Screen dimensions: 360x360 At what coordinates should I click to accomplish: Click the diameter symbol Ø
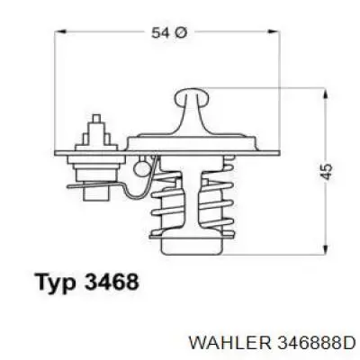180,33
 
